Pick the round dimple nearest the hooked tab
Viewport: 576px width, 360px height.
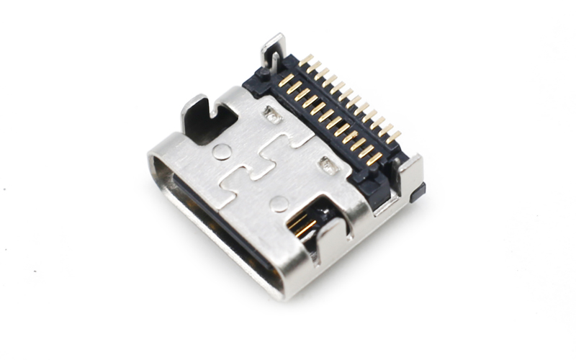(222, 150)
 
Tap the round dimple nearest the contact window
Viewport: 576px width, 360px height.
(279, 204)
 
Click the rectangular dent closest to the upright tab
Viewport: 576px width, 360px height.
(271, 113)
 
